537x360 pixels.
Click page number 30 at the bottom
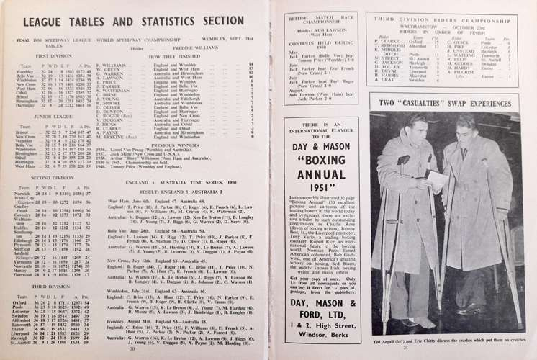pos(135,350)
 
